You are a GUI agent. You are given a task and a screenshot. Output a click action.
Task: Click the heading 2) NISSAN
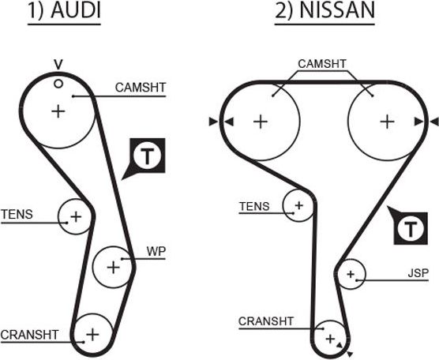[325, 13]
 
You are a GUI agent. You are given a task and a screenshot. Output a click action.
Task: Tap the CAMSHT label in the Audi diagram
[141, 88]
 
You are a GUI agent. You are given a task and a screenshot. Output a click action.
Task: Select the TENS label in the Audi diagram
[17, 214]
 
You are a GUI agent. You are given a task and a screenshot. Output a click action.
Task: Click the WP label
[156, 251]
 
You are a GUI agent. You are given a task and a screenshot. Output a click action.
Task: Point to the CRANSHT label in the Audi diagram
[30, 334]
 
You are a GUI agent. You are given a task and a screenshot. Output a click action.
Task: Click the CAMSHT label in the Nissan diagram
[321, 64]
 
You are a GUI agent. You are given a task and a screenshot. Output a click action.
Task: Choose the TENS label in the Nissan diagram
[254, 207]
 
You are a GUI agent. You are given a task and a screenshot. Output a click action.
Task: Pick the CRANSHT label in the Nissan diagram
[265, 321]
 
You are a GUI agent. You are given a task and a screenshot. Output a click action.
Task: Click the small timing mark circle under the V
[58, 83]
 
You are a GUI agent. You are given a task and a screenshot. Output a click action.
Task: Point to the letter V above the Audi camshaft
[58, 64]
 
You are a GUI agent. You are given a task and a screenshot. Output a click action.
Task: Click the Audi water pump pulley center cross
[113, 267]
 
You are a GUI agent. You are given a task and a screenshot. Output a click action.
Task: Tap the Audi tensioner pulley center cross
[76, 216]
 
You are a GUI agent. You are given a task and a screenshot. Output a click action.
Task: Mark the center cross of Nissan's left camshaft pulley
[260, 122]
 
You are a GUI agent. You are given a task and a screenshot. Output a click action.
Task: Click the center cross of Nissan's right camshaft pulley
[386, 122]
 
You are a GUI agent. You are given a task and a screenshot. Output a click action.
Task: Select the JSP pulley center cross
[351, 275]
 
